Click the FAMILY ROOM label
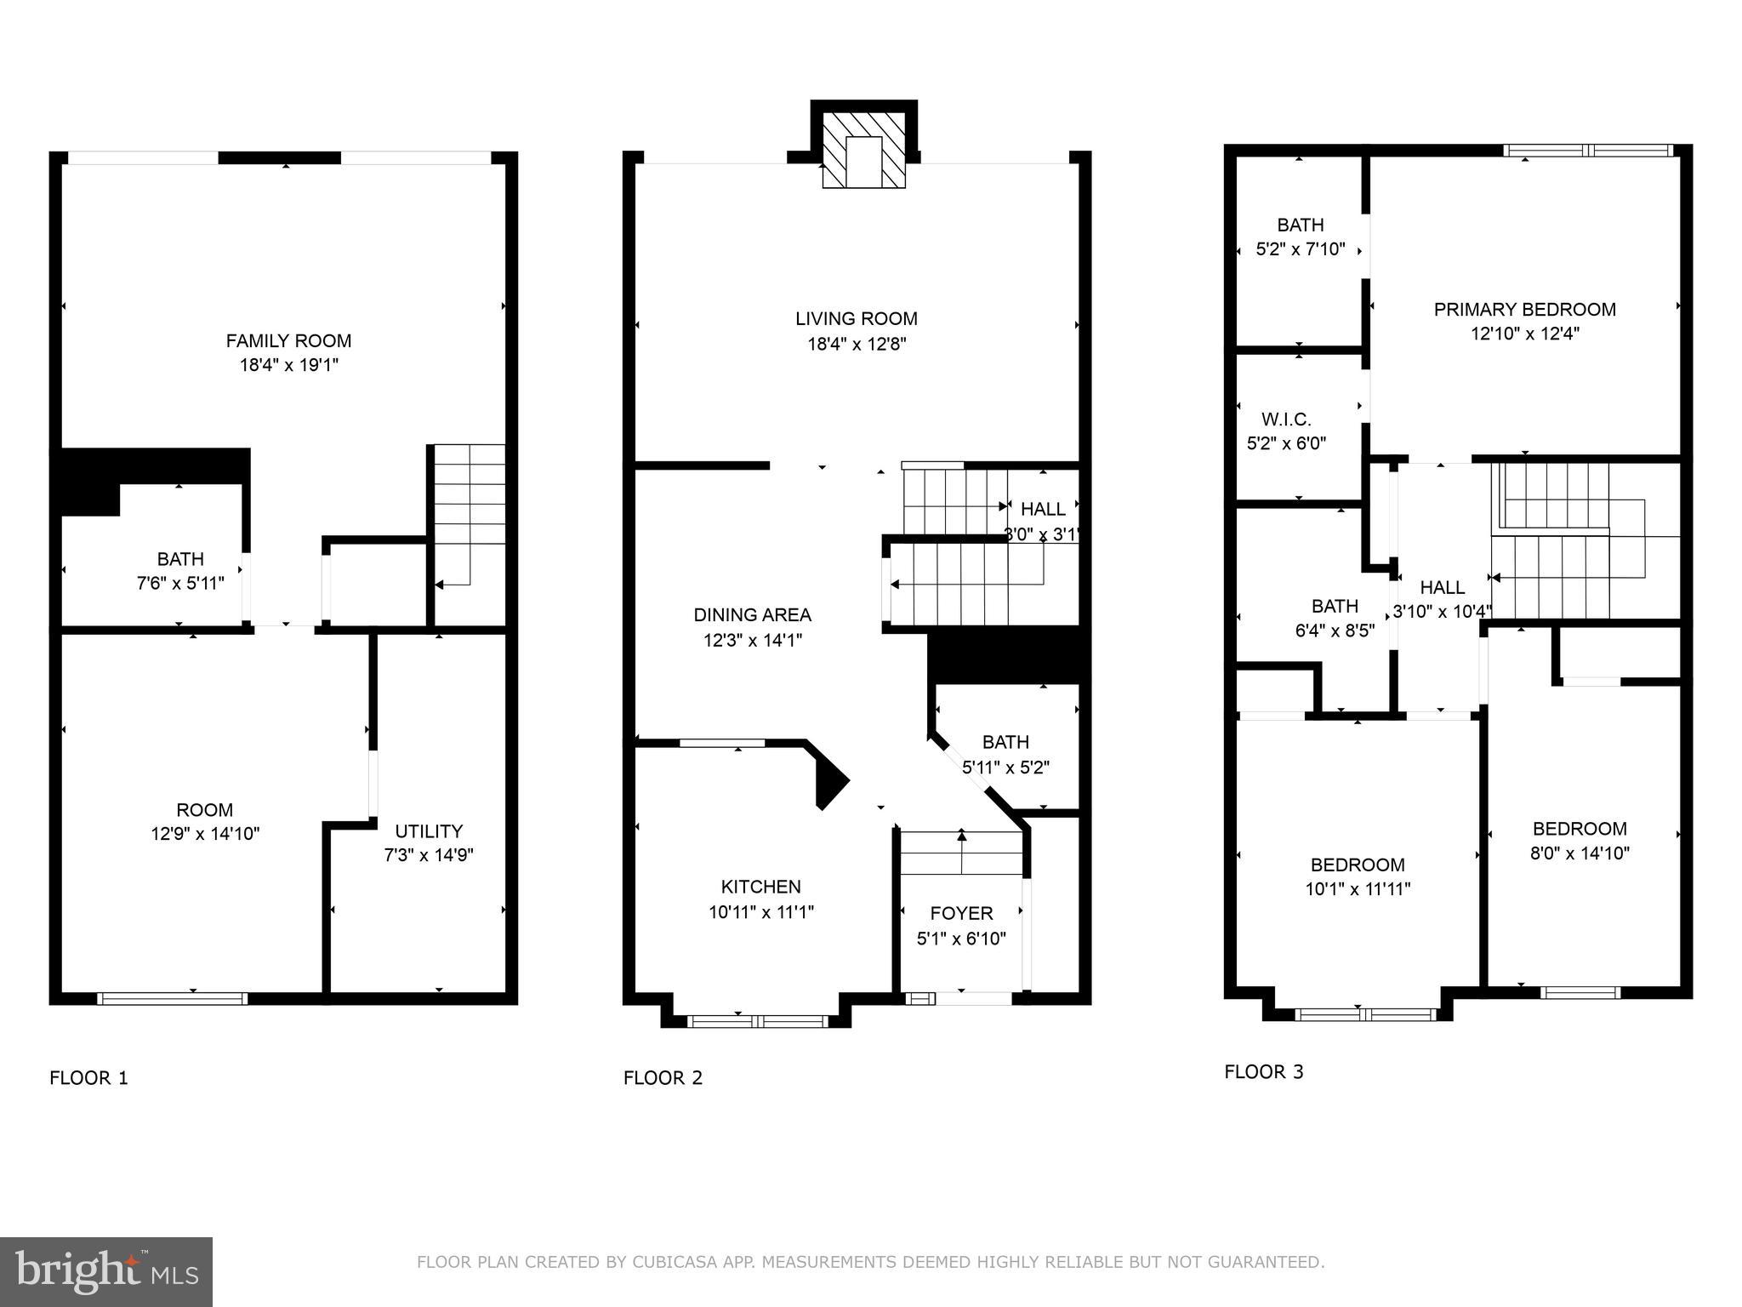click(288, 340)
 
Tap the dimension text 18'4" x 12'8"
click(857, 344)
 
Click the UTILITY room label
click(429, 830)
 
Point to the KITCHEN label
click(760, 887)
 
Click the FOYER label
click(961, 913)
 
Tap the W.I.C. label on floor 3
click(1286, 419)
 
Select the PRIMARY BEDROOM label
click(1524, 310)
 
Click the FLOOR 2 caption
click(663, 1078)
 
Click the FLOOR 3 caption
click(1263, 1071)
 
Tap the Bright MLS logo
click(106, 1271)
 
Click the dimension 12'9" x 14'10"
click(205, 834)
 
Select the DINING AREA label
click(752, 614)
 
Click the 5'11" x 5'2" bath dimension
click(1005, 767)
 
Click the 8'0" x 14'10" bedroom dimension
click(1580, 853)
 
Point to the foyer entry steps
click(961, 853)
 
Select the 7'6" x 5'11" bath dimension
click(180, 583)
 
